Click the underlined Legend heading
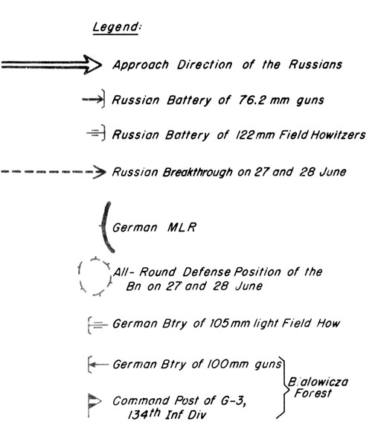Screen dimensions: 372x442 (x=116, y=28)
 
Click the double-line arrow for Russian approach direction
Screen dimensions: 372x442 (x=51, y=65)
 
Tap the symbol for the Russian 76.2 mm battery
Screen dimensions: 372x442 (x=94, y=99)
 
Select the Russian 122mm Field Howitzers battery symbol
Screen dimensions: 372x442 (x=96, y=132)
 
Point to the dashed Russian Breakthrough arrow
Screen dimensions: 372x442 (x=54, y=172)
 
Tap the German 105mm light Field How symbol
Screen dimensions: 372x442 (x=97, y=325)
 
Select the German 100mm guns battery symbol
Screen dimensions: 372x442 (x=97, y=365)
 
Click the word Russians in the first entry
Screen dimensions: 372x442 (x=315, y=65)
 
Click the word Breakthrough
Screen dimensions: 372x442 (x=197, y=172)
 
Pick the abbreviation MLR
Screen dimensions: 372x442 (x=182, y=227)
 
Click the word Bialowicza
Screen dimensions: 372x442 (x=318, y=382)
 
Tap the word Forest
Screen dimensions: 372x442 (x=312, y=393)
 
